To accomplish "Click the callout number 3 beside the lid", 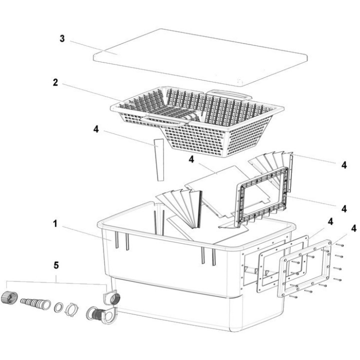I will tap(62, 38).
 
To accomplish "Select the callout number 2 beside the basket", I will tap(56, 83).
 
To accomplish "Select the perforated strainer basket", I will tap(200, 120).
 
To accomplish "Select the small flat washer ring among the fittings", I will tap(59, 306).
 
